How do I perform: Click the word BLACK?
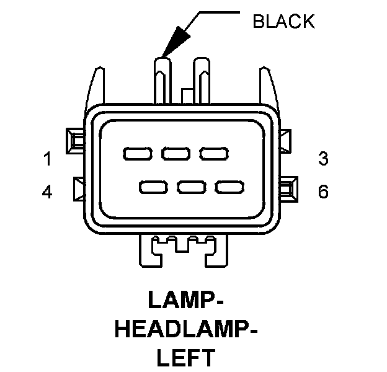tap(283, 22)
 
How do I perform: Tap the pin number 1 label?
tap(47, 159)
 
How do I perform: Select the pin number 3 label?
tap(322, 159)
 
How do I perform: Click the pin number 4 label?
tap(47, 192)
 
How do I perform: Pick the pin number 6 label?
tap(322, 192)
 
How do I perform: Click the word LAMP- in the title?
tap(186, 299)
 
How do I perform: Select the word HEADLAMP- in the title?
tap(186, 329)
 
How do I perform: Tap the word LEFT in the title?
tap(186, 358)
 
